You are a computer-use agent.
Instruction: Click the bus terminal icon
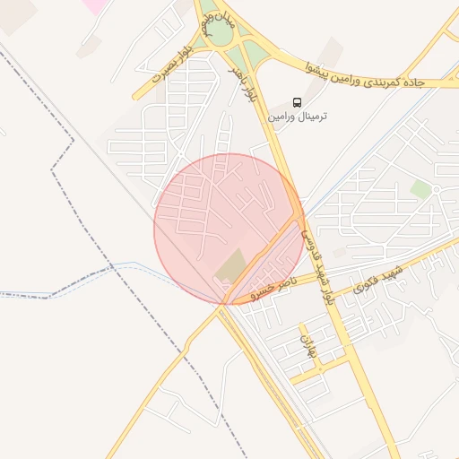point(297,101)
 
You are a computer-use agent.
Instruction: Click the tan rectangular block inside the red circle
point(232,265)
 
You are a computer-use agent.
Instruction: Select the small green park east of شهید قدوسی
point(420,189)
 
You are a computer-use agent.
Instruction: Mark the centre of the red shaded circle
point(229,229)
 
